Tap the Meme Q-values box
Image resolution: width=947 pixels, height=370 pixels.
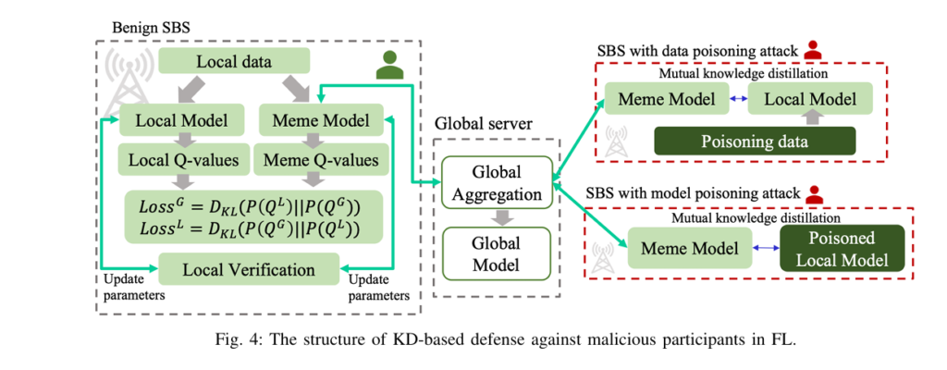tap(314, 159)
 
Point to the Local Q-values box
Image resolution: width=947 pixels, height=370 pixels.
tap(178, 159)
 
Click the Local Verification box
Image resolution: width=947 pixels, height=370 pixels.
tap(250, 269)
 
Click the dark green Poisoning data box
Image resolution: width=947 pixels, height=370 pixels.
tap(755, 141)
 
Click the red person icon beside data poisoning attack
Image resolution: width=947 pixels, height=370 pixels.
tap(813, 49)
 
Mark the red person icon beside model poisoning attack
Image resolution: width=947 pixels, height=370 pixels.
tap(814, 195)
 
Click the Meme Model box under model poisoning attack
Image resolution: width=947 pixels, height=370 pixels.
tap(683, 249)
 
